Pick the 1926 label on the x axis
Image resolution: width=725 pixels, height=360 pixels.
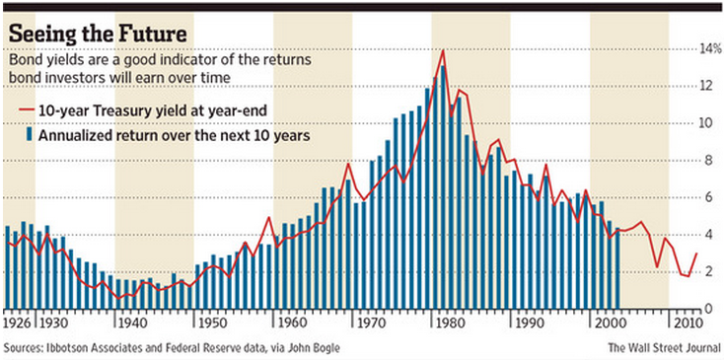point(18,323)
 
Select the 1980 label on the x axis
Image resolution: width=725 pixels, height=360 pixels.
point(443,323)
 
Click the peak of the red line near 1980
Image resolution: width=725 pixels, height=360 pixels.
point(443,50)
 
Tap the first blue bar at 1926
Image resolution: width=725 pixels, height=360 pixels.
point(8,267)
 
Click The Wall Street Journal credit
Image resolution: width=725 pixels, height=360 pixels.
point(661,347)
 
